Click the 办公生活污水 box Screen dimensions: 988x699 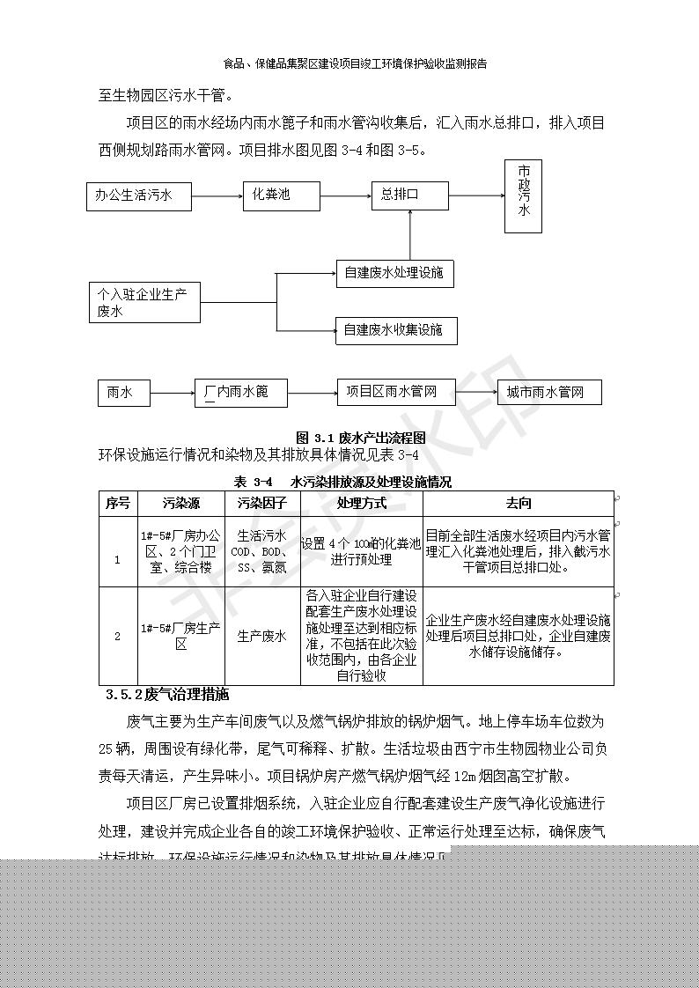(142, 195)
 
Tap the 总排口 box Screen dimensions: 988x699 (410, 195)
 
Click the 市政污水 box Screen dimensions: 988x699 (523, 196)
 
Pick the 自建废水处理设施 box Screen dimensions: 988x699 (394, 273)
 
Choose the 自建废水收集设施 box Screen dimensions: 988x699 (394, 330)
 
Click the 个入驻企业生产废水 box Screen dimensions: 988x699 (145, 302)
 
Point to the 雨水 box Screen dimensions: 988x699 (123, 393)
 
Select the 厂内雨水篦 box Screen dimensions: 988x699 (241, 392)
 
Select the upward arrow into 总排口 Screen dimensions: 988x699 (410, 236)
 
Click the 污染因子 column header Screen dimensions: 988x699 (261, 504)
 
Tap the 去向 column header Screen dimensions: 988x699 (518, 504)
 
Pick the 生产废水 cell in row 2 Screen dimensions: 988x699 (261, 636)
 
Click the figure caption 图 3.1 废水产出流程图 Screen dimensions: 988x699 (361, 438)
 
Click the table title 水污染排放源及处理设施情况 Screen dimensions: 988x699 (371, 482)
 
